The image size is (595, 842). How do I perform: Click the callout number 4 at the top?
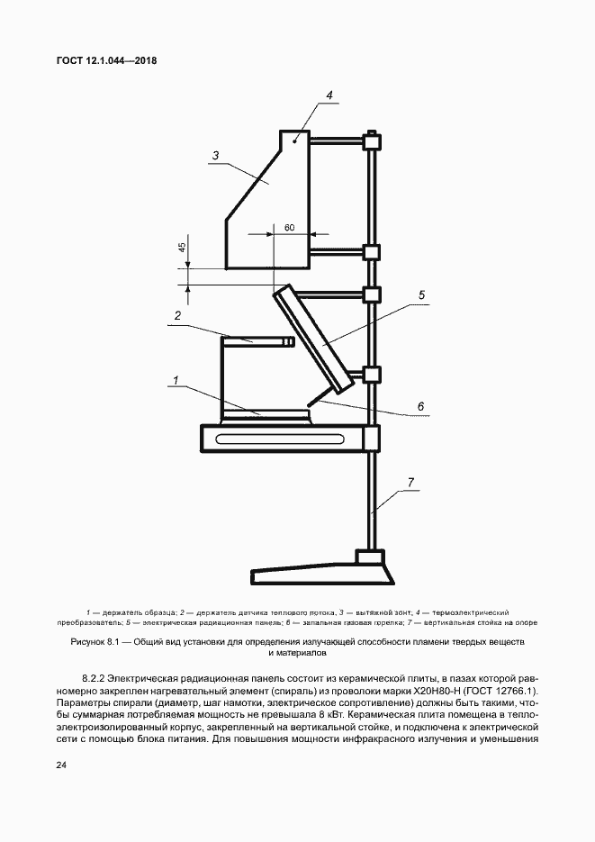(x=329, y=95)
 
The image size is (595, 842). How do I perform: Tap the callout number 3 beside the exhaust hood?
(x=216, y=156)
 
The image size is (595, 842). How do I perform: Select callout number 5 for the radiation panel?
(x=421, y=294)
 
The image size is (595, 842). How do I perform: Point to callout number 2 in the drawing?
(x=178, y=316)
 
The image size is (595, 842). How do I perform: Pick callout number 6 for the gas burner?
(x=420, y=406)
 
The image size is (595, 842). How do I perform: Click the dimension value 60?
(x=289, y=227)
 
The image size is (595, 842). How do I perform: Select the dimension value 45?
(x=182, y=248)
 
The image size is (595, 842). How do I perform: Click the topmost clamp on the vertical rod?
(x=370, y=140)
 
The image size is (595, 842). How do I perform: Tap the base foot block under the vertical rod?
(x=369, y=558)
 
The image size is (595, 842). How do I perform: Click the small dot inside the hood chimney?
(x=294, y=141)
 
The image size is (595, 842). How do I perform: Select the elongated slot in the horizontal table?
(x=285, y=439)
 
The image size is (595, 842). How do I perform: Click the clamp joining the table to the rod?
(x=370, y=439)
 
